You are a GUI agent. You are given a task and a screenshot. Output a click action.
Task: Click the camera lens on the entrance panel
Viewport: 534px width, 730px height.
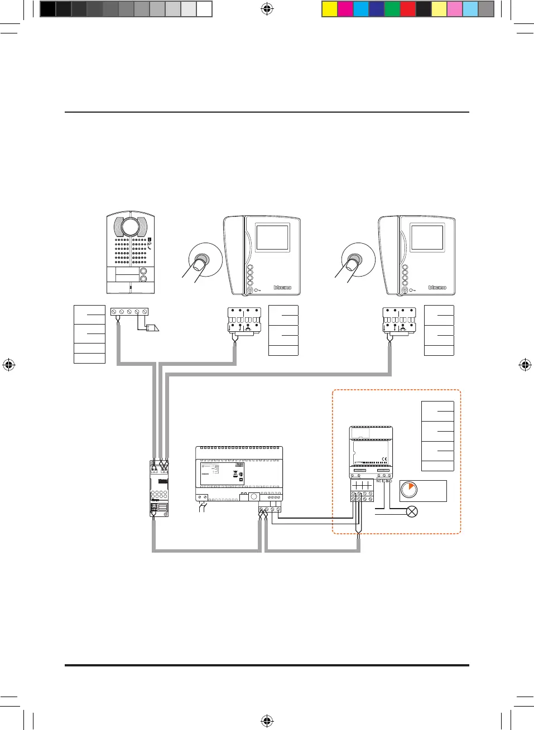click(130, 227)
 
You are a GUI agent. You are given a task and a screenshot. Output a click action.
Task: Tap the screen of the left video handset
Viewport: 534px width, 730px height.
click(272, 238)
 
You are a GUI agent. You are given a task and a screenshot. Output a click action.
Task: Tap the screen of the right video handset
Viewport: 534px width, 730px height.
click(427, 238)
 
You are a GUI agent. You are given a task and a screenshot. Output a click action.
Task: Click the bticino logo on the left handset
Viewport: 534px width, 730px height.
click(282, 288)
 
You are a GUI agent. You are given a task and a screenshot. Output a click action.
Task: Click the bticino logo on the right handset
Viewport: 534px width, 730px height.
click(437, 288)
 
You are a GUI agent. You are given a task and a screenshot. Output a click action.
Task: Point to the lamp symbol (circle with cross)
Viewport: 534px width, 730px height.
click(412, 511)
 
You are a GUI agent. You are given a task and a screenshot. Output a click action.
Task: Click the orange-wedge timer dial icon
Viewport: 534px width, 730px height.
click(409, 490)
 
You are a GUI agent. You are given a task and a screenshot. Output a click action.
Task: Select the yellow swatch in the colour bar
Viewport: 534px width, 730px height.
click(330, 9)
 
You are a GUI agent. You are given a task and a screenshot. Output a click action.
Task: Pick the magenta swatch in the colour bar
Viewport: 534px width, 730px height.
click(345, 9)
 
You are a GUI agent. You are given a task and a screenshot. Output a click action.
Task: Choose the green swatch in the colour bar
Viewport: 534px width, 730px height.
click(392, 9)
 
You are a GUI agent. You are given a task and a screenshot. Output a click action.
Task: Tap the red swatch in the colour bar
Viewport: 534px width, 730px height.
click(408, 9)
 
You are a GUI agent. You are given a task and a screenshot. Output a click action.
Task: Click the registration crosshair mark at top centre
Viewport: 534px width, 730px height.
click(267, 8)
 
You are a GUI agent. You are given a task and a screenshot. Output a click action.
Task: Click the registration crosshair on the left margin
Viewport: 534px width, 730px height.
click(8, 365)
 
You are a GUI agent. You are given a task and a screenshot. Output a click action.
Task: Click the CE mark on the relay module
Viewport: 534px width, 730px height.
click(384, 460)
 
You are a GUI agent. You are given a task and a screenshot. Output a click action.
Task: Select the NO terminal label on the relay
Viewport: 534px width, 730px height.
click(389, 481)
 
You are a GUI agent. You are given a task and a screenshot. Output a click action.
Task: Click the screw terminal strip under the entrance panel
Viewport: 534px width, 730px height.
click(129, 312)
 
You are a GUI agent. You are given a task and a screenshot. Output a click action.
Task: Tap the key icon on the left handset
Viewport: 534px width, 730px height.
click(257, 291)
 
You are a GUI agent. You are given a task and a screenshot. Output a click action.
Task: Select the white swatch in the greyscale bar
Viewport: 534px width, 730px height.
click(204, 9)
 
